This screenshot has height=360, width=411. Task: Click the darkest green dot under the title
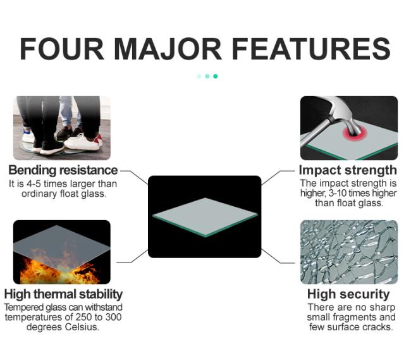[x=216, y=76]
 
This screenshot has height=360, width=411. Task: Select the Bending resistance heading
[x=63, y=170]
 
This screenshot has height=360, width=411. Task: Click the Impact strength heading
[x=348, y=170]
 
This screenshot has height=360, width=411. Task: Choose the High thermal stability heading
[x=63, y=294]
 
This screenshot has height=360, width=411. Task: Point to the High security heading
[x=348, y=294]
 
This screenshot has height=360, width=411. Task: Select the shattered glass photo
[x=348, y=252]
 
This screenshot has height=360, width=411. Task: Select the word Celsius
[x=82, y=327]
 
